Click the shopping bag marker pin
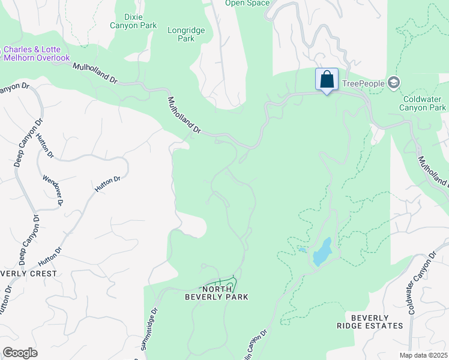tap(327, 80)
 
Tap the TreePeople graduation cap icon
tap(393, 83)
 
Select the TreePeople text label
tap(363, 83)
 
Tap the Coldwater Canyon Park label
tap(424, 103)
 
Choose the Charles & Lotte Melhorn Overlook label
tap(37, 54)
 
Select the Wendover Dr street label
tap(53, 191)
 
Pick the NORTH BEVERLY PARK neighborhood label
tap(216, 292)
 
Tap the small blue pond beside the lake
tap(301, 250)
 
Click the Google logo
tap(20, 353)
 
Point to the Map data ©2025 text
tap(423, 355)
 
